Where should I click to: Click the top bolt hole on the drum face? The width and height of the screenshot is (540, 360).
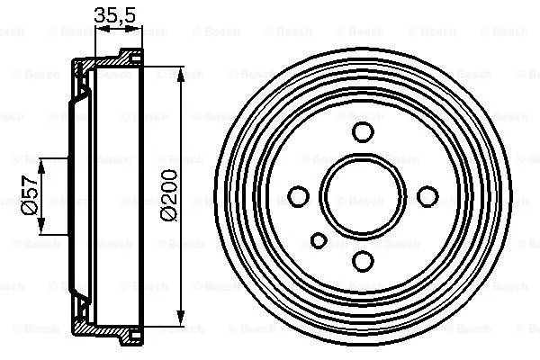(x=362, y=132)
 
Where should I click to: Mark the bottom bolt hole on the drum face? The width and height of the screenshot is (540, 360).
(x=362, y=259)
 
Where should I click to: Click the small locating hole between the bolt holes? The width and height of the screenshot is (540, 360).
(x=319, y=240)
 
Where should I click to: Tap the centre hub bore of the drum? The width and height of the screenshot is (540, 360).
(x=362, y=195)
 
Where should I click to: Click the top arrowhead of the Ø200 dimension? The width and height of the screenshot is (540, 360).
(x=184, y=71)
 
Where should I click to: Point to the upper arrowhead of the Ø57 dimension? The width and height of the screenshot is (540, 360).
(x=42, y=162)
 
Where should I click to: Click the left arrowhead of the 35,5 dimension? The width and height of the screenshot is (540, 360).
(x=99, y=29)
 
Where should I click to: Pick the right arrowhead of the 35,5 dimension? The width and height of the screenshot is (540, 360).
(x=139, y=29)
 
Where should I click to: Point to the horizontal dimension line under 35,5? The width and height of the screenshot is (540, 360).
(x=119, y=29)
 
